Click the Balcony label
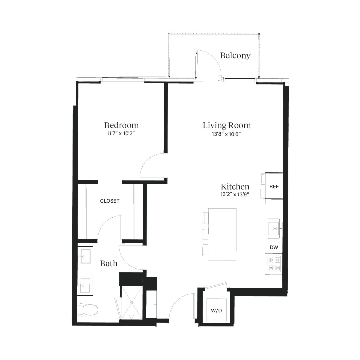point(235,55)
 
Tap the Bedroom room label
point(121,125)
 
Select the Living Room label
point(227,125)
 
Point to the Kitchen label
point(235,186)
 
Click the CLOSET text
point(110,201)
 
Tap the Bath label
point(109,263)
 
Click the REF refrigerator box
point(274,186)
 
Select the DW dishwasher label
point(274,248)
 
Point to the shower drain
point(132,303)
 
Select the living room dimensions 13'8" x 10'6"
point(227,134)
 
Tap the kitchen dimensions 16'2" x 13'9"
point(235,195)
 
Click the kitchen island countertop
point(222,234)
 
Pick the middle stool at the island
point(205,233)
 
